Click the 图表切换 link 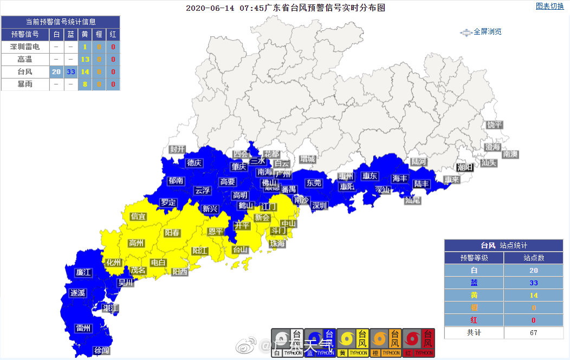pyautogui.click(x=549, y=6)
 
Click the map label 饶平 pyautogui.click(x=494, y=125)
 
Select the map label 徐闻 pyautogui.click(x=101, y=350)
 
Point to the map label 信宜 pyautogui.click(x=138, y=217)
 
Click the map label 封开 pyautogui.click(x=177, y=149)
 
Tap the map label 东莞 pyautogui.click(x=314, y=183)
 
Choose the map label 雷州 pyautogui.click(x=83, y=328)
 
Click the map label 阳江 pyautogui.click(x=200, y=250)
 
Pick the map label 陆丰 pyautogui.click(x=422, y=184)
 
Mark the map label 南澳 pyautogui.click(x=510, y=154)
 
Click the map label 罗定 pyautogui.click(x=169, y=202)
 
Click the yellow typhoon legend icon pyautogui.click(x=353, y=342)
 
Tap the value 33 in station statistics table pyautogui.click(x=533, y=283)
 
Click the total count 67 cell pyautogui.click(x=533, y=332)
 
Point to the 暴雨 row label pyautogui.click(x=25, y=84)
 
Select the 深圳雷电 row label pyautogui.click(x=25, y=47)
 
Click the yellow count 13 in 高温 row pyautogui.click(x=85, y=60)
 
